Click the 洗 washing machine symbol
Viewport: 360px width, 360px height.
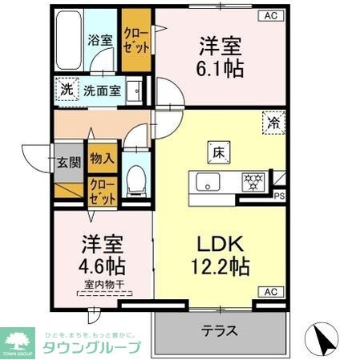[x=66, y=89]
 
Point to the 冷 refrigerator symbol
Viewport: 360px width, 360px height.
[x=274, y=123]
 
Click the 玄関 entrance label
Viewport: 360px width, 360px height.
[x=68, y=162]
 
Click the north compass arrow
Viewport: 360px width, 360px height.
[x=326, y=337]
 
